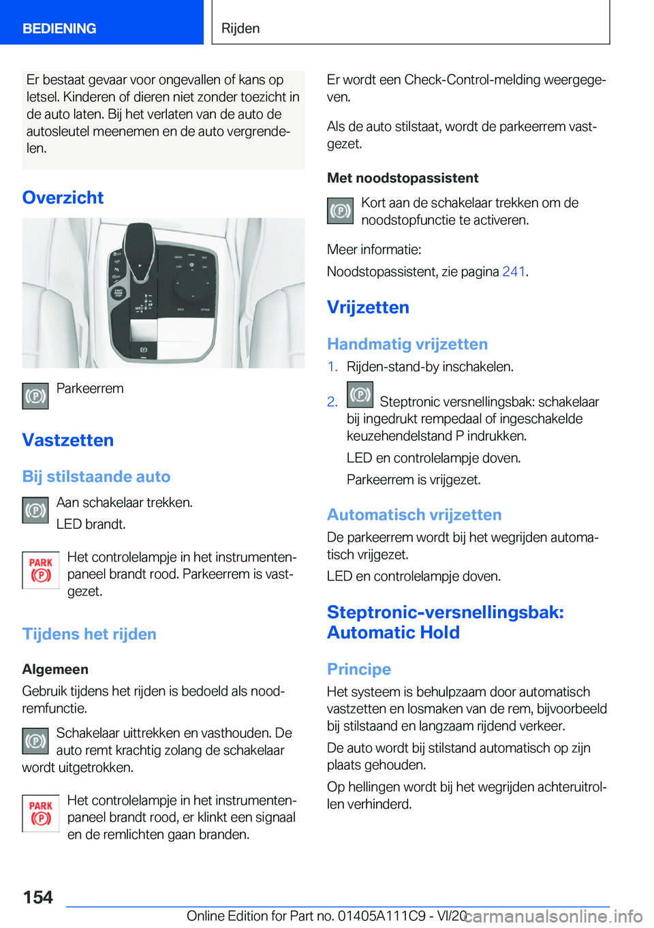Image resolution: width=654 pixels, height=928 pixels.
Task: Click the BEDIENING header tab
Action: click(x=59, y=29)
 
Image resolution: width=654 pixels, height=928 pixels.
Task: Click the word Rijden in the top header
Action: click(x=240, y=29)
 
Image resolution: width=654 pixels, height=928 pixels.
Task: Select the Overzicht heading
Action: click(x=63, y=198)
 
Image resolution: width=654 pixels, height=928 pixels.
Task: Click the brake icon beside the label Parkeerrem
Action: click(x=35, y=396)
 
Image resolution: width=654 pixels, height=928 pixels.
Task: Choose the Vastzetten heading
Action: click(x=68, y=440)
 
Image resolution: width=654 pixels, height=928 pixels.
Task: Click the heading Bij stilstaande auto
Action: click(x=96, y=476)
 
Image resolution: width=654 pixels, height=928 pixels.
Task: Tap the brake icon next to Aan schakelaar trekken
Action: click(x=35, y=510)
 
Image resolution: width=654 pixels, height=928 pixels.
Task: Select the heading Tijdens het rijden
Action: click(x=89, y=634)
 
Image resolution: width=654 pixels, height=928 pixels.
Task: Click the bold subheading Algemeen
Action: click(x=55, y=669)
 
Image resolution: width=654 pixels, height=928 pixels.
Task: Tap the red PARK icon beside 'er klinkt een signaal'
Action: click(x=41, y=814)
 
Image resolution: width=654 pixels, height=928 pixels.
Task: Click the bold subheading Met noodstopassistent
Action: click(x=403, y=178)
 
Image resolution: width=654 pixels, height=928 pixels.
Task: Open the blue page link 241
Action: click(x=514, y=272)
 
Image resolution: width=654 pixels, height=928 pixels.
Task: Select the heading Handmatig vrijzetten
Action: click(x=407, y=344)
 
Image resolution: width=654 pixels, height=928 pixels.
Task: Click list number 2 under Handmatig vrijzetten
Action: click(x=332, y=402)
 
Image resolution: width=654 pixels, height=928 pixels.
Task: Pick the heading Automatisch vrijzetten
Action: click(x=414, y=514)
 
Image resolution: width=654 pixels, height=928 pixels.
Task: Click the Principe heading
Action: click(x=359, y=669)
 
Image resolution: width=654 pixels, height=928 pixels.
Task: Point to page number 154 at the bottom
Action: click(x=38, y=897)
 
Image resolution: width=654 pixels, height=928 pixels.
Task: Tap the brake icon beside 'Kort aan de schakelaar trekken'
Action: click(x=341, y=211)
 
